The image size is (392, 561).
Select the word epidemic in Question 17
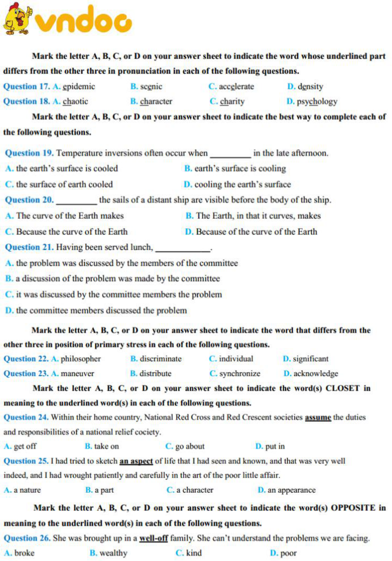79,87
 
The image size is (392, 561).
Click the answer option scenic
151,87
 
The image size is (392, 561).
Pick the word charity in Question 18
232,102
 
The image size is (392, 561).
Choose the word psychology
317,102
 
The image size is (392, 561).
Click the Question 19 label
29,153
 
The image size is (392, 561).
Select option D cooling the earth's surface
242,184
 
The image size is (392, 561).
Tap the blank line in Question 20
77,201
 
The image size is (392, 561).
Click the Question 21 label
29,247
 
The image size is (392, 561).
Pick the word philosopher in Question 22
80,359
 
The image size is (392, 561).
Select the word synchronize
240,374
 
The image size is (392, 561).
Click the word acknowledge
316,374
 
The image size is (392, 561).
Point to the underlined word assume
318,417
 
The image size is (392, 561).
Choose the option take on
106,447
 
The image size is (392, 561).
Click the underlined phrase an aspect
136,461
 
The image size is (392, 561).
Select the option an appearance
291,490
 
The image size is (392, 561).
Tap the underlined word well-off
154,538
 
